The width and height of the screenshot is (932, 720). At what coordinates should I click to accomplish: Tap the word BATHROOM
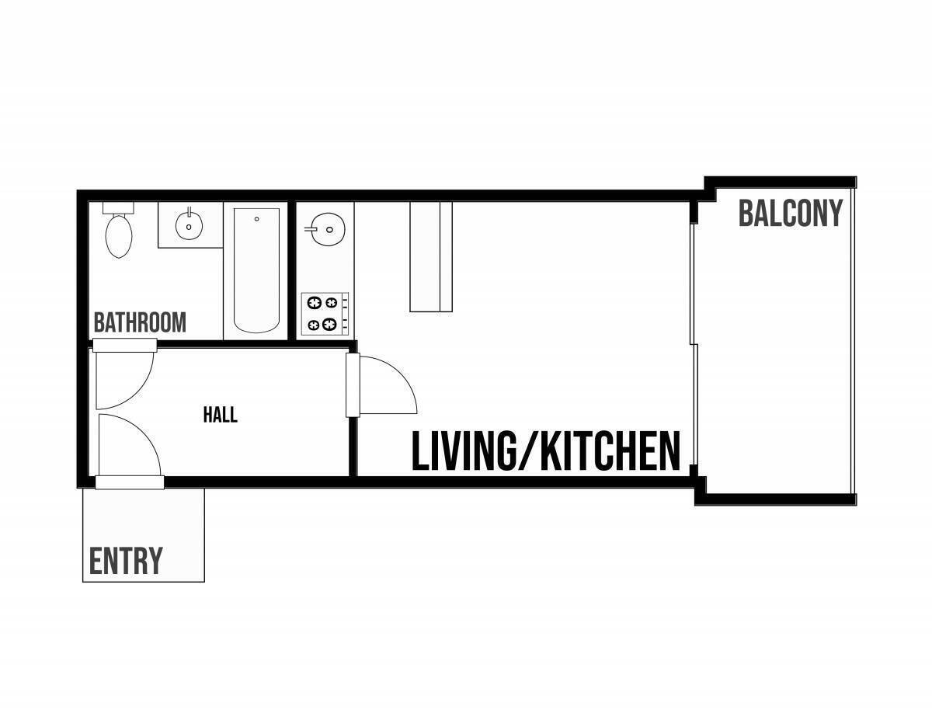pos(140,322)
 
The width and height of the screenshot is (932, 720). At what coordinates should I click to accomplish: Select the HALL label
pos(220,415)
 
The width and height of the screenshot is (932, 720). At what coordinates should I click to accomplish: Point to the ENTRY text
pos(126,561)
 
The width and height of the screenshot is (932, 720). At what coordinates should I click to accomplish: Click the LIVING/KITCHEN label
pos(546,451)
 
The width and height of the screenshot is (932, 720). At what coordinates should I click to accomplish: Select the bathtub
pos(256,270)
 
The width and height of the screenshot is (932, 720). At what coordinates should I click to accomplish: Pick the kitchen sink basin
pos(329,229)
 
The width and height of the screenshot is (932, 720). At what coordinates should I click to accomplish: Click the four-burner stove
pos(325,314)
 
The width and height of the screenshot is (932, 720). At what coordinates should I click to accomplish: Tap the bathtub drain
pos(256,219)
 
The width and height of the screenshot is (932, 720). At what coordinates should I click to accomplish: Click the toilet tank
pos(118,208)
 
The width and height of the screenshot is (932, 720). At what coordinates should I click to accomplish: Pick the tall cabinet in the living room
pos(431,257)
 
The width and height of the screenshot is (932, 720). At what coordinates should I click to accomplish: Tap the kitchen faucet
pos(311,229)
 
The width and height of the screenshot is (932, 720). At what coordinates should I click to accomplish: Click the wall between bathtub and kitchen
pos(292,270)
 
